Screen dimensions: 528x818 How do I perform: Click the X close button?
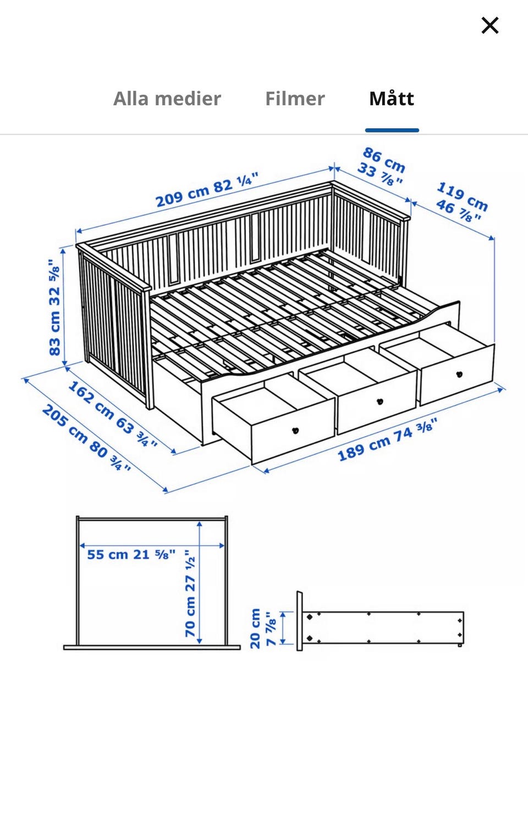point(490,25)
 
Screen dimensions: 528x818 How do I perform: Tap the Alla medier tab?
point(167,99)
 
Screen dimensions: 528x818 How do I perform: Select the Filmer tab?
point(295,99)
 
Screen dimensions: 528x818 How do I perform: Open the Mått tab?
point(392,98)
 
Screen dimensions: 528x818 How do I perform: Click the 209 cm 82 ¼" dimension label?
point(207,189)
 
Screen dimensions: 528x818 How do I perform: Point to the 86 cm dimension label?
point(384,160)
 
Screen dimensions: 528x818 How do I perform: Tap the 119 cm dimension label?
point(463,197)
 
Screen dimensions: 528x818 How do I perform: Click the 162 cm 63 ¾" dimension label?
point(113,414)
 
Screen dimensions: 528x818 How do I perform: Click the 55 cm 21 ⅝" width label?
point(131,554)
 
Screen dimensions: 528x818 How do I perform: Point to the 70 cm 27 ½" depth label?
point(190,593)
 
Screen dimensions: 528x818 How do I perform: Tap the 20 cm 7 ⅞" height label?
point(262,628)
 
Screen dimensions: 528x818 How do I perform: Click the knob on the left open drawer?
point(295,430)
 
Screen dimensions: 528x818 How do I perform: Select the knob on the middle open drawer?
point(380,401)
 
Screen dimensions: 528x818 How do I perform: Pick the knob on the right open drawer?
point(459,374)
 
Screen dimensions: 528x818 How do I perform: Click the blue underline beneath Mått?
point(392,130)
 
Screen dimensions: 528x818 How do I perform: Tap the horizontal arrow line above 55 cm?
point(152,546)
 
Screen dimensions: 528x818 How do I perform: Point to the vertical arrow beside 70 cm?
point(199,582)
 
